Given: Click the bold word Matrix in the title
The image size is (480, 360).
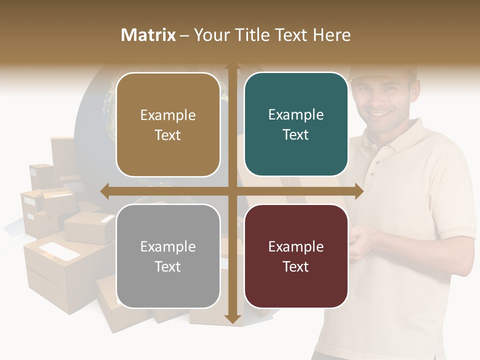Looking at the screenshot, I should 148,35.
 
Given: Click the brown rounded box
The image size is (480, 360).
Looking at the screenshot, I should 168,124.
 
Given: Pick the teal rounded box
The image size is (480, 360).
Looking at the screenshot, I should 296,124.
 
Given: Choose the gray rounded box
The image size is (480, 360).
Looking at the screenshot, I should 168,256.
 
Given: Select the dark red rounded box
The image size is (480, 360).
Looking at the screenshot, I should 296,256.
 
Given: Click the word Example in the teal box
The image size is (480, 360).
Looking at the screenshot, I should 296,114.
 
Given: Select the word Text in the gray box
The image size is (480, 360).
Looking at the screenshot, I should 168,266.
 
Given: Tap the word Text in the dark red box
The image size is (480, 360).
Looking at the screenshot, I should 296,266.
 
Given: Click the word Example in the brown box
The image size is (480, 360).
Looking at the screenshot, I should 168,115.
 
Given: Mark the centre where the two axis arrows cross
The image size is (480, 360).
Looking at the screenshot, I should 232,191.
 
